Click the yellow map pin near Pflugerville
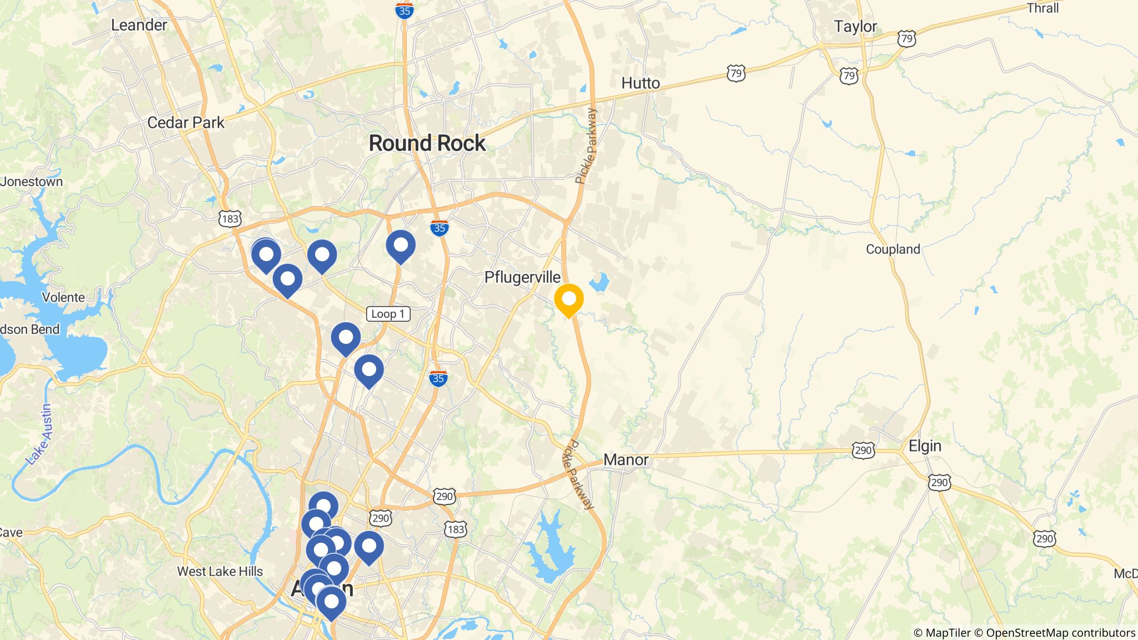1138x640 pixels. (568, 299)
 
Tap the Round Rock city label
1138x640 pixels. (427, 143)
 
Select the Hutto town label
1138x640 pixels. (640, 83)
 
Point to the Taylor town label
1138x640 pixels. (855, 27)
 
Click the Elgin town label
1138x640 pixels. (925, 446)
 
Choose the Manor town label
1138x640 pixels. (626, 460)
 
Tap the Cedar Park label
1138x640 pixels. (186, 123)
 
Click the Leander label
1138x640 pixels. (139, 25)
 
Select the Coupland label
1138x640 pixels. (893, 249)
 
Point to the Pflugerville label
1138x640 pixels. (522, 277)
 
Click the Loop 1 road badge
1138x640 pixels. (388, 314)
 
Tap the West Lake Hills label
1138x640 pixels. (219, 571)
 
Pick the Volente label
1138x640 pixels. (63, 297)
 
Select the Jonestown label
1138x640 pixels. (32, 182)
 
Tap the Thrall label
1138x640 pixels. (1042, 8)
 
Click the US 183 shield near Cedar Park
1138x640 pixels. (229, 219)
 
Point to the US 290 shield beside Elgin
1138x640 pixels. (863, 450)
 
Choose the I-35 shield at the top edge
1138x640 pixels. (405, 11)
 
